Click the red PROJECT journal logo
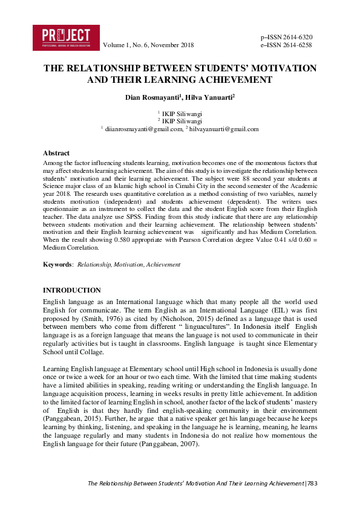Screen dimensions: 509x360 click(x=66, y=37)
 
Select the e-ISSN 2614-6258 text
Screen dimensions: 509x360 click(x=286, y=45)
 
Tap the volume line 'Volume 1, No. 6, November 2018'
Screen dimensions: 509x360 click(x=148, y=45)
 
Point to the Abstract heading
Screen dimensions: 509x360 click(x=56, y=153)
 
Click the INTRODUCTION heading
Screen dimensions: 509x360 click(x=71, y=290)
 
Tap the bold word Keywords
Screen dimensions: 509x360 click(x=57, y=264)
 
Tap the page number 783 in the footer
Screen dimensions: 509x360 click(x=311, y=483)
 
